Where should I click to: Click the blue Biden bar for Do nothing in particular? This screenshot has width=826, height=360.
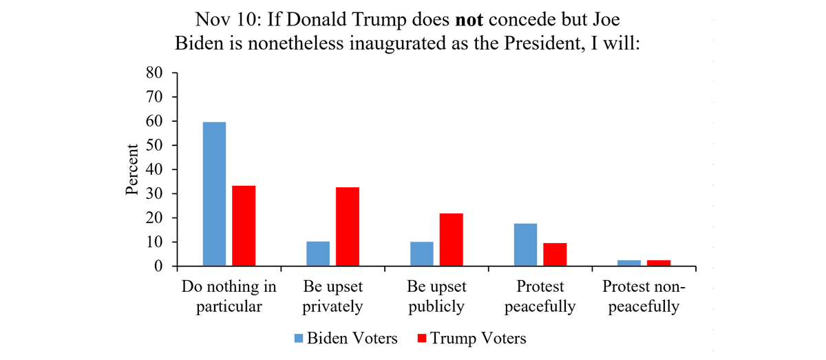point(214,194)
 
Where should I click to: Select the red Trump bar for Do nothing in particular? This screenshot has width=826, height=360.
point(244,226)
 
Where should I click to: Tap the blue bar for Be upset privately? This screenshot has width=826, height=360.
point(318,254)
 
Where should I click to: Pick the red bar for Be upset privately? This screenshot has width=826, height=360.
point(348,226)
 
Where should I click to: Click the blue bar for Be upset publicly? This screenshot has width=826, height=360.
point(422,254)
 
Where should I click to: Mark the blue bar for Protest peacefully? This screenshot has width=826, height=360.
point(526,245)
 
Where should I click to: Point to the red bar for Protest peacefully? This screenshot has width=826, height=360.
point(555,255)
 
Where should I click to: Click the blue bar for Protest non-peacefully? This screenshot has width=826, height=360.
point(629,263)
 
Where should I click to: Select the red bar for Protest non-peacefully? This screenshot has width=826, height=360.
point(659,263)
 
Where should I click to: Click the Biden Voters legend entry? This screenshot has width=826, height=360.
point(345,338)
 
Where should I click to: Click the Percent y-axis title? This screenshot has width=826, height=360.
point(134,169)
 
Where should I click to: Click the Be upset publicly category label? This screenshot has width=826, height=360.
point(436,297)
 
